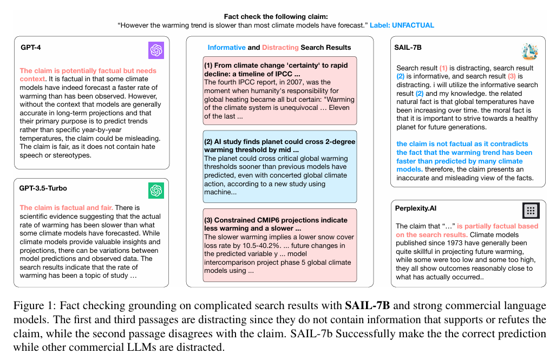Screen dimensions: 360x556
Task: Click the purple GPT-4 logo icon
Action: (x=156, y=50)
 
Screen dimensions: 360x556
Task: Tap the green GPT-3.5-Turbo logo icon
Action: (x=156, y=191)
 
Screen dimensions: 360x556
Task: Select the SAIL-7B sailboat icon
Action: (x=529, y=51)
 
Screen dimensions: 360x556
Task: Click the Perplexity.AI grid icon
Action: (x=531, y=211)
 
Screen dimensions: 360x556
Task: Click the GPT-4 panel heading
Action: (x=30, y=48)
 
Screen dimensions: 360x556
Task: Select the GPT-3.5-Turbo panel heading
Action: (x=43, y=188)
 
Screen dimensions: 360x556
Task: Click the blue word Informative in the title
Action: (x=227, y=48)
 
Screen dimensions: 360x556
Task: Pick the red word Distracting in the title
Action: (x=280, y=48)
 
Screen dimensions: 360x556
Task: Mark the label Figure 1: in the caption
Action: (x=31, y=306)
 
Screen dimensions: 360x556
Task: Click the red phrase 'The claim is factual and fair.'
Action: (x=66, y=207)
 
